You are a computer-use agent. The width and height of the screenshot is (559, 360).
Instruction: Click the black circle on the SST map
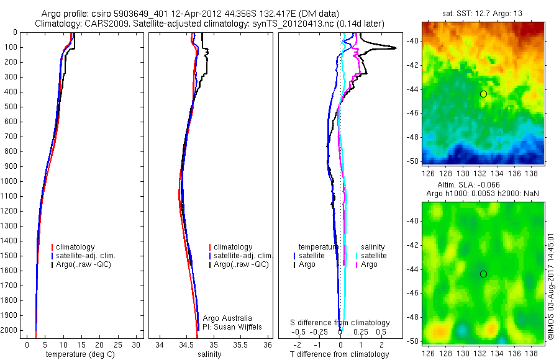coord(483,94)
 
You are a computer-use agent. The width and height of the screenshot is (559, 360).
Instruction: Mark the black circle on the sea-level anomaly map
coord(483,274)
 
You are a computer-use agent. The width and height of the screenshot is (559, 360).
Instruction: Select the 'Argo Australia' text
coord(228,318)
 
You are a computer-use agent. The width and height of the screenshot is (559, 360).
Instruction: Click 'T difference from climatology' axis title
coord(340,354)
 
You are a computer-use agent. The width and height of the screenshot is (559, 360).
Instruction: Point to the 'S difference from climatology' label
coord(340,323)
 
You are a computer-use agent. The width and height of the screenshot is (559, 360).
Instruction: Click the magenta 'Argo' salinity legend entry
coord(369,264)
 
